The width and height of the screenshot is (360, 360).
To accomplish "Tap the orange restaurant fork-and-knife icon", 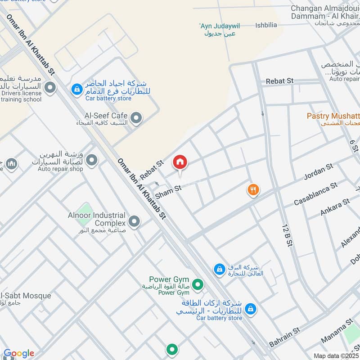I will [x=253, y=190].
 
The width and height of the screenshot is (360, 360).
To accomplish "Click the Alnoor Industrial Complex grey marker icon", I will [x=134, y=221].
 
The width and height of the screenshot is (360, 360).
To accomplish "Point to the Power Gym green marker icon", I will [x=197, y=284].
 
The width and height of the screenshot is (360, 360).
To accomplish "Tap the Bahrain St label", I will [x=284, y=337].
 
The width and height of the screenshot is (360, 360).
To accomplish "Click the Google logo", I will [x=19, y=353].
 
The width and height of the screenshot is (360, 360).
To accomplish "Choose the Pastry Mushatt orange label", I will [x=333, y=116].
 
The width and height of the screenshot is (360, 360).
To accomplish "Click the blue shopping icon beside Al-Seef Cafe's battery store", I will [x=77, y=88].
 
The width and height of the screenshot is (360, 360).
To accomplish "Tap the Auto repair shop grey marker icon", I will [x=92, y=160].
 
